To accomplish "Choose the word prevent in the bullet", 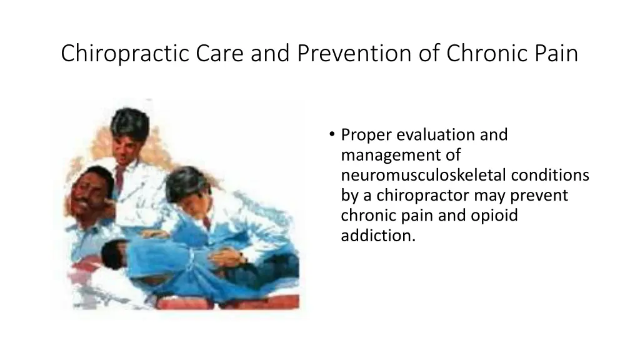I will (539, 196).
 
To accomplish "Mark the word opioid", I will (497, 216).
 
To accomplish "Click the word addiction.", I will (378, 236).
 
